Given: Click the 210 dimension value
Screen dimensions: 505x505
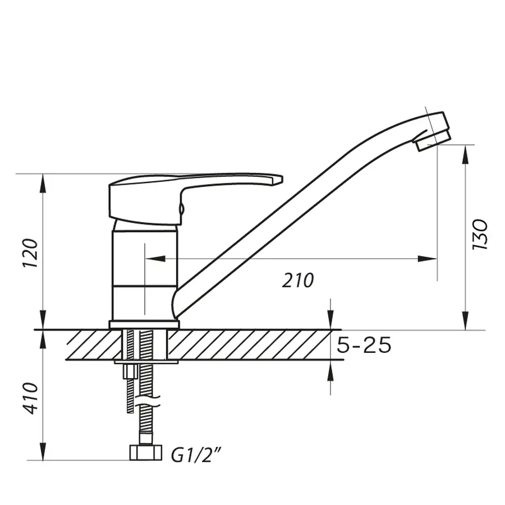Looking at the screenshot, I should click(x=298, y=280).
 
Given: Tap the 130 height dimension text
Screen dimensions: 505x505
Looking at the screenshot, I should click(x=481, y=235).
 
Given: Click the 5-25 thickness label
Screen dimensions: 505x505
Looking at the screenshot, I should click(x=364, y=345).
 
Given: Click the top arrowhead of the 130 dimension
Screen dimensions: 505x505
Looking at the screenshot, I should click(x=465, y=154).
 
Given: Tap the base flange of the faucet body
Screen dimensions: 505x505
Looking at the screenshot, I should click(x=144, y=324).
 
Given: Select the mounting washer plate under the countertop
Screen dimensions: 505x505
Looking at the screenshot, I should click(x=146, y=362).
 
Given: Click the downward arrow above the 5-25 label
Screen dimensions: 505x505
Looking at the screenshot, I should click(x=330, y=320).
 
